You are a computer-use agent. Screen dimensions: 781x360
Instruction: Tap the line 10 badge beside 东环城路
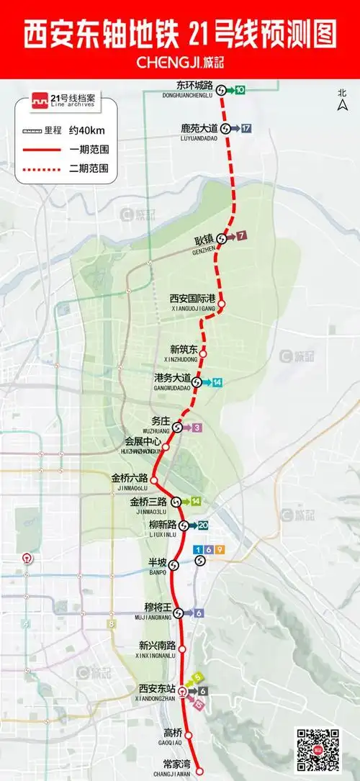(x=239, y=90)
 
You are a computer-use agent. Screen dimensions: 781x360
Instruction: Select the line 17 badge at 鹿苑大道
(x=246, y=128)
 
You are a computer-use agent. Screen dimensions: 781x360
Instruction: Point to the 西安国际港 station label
(x=193, y=298)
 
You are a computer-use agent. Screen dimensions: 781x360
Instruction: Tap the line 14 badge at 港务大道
(x=216, y=382)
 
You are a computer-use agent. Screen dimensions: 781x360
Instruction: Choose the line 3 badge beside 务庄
(x=197, y=428)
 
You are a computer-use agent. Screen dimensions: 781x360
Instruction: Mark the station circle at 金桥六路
(x=154, y=478)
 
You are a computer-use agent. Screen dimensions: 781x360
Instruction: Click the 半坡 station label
(x=157, y=561)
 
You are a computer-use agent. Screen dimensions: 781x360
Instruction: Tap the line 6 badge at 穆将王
(x=198, y=613)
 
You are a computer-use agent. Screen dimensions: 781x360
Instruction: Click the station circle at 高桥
(x=189, y=735)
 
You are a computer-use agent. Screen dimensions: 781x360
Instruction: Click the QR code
(x=318, y=749)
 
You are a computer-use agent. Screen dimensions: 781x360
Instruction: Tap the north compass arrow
(x=343, y=106)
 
